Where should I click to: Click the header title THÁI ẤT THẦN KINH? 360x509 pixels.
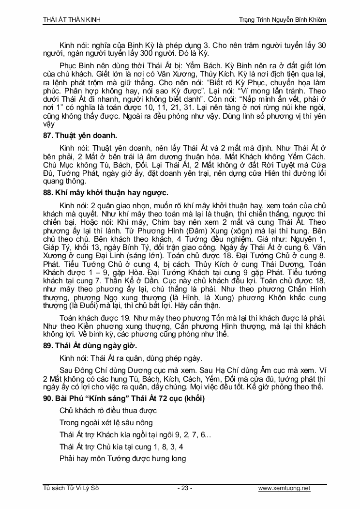point(72,20)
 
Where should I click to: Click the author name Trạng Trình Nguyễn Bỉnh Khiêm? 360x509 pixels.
point(283,20)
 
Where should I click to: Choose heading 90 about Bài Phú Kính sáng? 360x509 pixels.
point(123,399)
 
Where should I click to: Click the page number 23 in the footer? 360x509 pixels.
point(185,488)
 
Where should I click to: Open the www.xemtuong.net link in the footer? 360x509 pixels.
point(285,488)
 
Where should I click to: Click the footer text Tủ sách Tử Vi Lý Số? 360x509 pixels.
point(71,488)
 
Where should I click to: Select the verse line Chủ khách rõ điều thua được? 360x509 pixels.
point(108,411)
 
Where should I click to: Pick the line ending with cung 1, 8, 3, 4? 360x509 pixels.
point(121,447)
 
